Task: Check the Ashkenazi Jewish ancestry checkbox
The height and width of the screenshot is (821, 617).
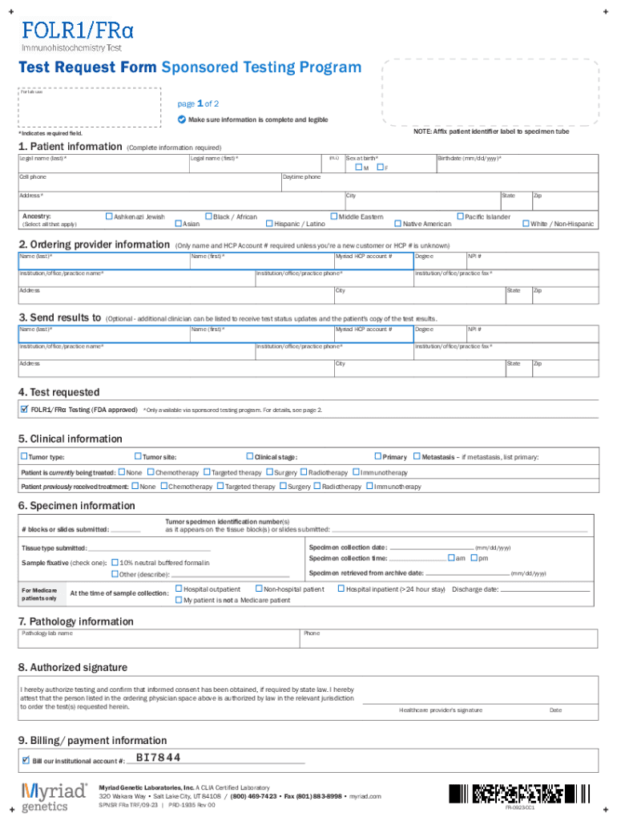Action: tap(109, 216)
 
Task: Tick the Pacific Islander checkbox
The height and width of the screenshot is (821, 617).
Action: tap(459, 216)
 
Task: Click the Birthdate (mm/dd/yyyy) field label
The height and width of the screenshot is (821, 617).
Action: tap(469, 159)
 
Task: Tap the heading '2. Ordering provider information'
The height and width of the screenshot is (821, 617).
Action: tap(95, 245)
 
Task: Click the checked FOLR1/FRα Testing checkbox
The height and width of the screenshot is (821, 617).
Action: tap(24, 410)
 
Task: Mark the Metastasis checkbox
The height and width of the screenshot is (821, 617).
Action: tap(416, 457)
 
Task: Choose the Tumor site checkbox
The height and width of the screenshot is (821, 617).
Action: tap(137, 457)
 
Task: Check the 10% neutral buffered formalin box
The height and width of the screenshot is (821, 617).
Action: tap(115, 562)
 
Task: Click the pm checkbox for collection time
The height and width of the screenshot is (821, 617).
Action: tap(472, 558)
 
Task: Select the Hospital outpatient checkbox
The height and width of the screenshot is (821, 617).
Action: tap(178, 589)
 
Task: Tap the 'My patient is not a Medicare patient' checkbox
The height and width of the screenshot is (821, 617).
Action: tap(178, 600)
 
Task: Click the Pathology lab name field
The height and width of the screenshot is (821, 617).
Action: tap(160, 639)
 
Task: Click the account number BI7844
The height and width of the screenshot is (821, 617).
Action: tap(159, 758)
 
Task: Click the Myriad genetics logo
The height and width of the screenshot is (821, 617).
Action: tap(54, 795)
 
